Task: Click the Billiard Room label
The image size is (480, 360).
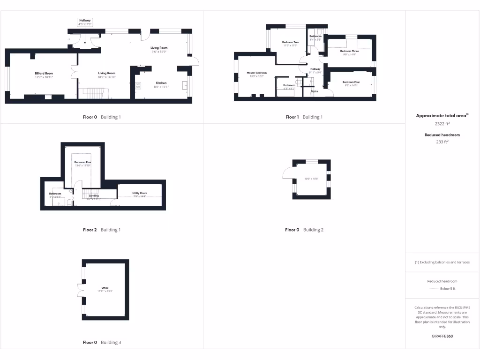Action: (44, 74)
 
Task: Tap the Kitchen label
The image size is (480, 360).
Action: (161, 83)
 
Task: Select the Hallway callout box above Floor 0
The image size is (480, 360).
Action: (85, 22)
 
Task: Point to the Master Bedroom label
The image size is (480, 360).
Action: (256, 73)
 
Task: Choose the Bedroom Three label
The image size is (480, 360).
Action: (349, 51)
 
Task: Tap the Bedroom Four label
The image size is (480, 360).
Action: (351, 82)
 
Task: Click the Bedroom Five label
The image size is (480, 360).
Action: (82, 162)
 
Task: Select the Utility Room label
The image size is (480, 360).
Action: (140, 193)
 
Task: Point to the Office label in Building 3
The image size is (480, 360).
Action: (105, 288)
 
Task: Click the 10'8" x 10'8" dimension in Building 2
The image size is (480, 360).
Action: (311, 179)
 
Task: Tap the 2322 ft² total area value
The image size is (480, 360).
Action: (442, 124)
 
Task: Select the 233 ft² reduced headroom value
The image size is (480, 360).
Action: (442, 141)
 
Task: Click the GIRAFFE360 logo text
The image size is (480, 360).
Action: (442, 336)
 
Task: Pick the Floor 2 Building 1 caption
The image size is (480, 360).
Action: (102, 230)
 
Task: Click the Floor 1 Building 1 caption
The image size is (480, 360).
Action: (304, 117)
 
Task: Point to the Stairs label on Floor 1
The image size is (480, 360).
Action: (314, 91)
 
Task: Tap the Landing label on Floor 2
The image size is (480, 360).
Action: (94, 195)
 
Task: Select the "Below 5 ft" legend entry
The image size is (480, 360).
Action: (448, 289)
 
